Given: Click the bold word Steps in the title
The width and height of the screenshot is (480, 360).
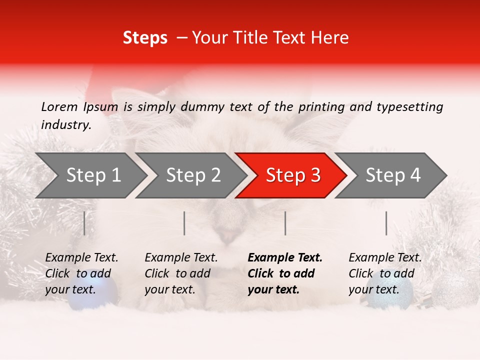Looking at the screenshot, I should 145,38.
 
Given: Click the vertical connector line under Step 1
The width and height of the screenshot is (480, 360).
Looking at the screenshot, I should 84,223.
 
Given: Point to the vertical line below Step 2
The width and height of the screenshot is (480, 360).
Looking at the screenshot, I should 184,223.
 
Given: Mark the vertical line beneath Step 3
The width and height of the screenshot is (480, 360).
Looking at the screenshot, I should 285,223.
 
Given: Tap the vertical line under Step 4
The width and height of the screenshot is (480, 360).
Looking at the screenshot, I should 386,223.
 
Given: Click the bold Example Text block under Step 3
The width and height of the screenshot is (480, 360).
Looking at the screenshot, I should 284,273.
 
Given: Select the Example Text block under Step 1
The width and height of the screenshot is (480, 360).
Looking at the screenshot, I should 81,273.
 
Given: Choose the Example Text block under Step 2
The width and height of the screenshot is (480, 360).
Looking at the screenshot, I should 181,273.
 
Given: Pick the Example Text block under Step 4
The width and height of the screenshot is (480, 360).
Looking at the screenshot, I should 385,273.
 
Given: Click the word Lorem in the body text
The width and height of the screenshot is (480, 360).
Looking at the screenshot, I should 59,107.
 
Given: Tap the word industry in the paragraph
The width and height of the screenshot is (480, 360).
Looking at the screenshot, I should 65,125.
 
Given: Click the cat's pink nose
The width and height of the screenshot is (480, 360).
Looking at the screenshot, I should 227,235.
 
